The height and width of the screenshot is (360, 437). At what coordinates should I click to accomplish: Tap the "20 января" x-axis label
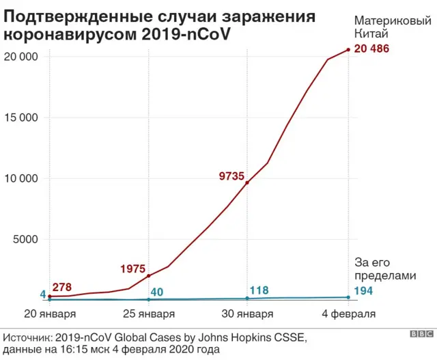coord(51,314)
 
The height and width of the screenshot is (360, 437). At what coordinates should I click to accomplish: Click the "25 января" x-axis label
coord(148,314)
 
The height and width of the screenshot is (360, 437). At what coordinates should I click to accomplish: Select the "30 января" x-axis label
coord(247,314)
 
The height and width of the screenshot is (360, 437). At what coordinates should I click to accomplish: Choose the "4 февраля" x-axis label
coord(348,314)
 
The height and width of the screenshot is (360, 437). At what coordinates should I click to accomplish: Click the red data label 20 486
coord(372,49)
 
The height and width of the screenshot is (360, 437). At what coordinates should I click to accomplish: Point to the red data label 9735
coord(231,176)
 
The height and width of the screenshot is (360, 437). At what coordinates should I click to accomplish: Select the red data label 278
coord(61,288)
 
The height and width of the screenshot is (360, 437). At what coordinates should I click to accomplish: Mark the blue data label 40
coord(156,292)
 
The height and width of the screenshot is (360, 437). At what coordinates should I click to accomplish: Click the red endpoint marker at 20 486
coord(348,50)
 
